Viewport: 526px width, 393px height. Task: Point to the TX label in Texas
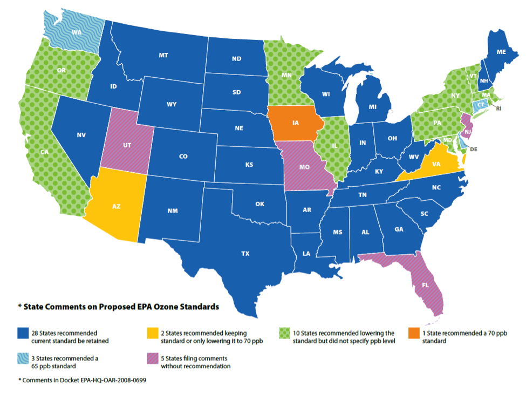245,253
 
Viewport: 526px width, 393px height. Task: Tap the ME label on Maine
501,52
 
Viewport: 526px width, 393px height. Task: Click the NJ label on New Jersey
469,132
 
